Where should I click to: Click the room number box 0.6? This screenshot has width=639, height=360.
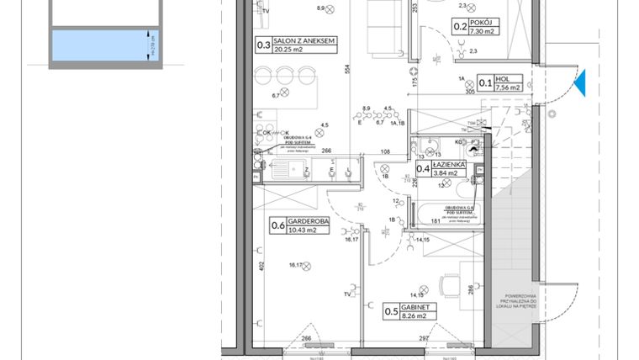pos(277,225)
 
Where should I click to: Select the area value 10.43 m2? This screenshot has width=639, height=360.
pos(306,230)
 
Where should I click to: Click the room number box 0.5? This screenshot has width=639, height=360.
pos(391,313)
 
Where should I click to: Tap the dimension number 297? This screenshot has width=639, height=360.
pos(425,339)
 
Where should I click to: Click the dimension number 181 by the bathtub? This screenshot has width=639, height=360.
pos(436,222)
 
